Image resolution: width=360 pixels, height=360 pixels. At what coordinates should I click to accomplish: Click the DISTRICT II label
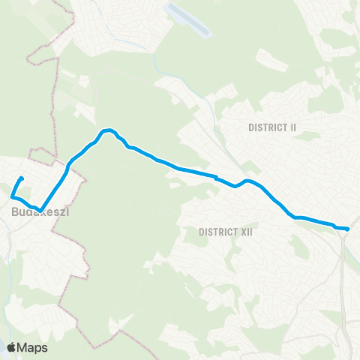pyautogui.click(x=272, y=127)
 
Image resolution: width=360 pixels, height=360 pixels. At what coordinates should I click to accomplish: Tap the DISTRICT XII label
pyautogui.click(x=226, y=232)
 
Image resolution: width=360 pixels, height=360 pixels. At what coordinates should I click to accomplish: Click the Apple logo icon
pyautogui.click(x=11, y=347)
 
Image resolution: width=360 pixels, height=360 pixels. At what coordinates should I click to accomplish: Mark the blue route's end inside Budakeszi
pyautogui.click(x=21, y=178)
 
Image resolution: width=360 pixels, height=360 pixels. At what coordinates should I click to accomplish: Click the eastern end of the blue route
pyautogui.click(x=348, y=228)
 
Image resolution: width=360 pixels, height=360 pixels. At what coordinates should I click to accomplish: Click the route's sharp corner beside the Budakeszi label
pyautogui.click(x=42, y=209)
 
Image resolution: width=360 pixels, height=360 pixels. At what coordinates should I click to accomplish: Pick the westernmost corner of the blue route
pyautogui.click(x=12, y=196)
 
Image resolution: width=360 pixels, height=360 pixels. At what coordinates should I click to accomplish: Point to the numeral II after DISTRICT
pyautogui.click(x=292, y=127)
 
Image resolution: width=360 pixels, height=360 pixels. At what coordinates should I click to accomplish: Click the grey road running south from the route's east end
pyautogui.click(x=343, y=270)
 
